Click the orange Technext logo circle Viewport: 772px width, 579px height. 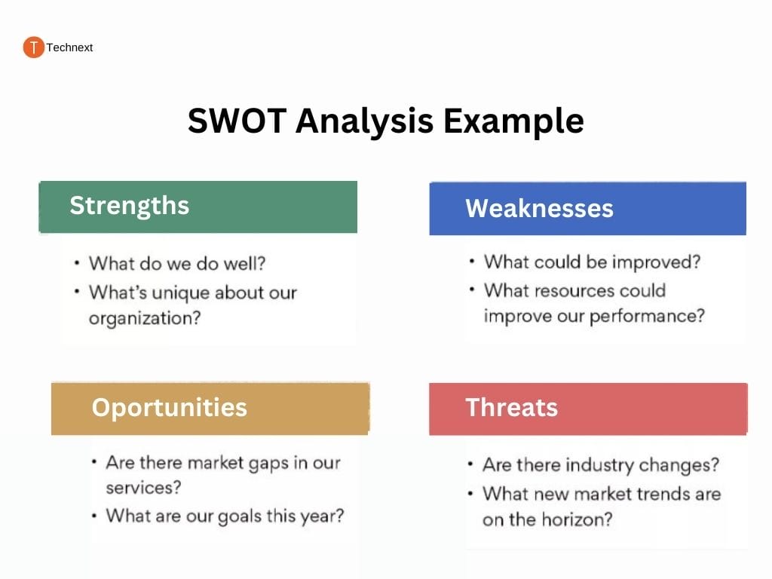coord(33,47)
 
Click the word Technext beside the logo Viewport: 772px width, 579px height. coord(69,47)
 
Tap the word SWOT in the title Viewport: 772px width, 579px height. coord(237,121)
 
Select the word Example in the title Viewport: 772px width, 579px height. coord(513,121)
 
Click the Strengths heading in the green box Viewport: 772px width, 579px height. coord(130,205)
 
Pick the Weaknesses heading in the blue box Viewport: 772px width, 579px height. coord(540,208)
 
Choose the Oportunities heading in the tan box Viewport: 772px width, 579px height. coord(170,408)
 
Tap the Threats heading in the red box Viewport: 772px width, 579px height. coord(512,407)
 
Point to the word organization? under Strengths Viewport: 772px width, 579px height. coord(145,319)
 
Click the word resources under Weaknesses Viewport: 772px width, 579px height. coord(574,290)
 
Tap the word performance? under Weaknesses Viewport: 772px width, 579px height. coord(647,316)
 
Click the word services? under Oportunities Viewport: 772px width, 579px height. coord(143,488)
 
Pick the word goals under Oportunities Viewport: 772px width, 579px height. coord(239,516)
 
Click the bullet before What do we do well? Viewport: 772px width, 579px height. coord(77,263)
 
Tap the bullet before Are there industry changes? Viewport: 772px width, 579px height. coord(470,464)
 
